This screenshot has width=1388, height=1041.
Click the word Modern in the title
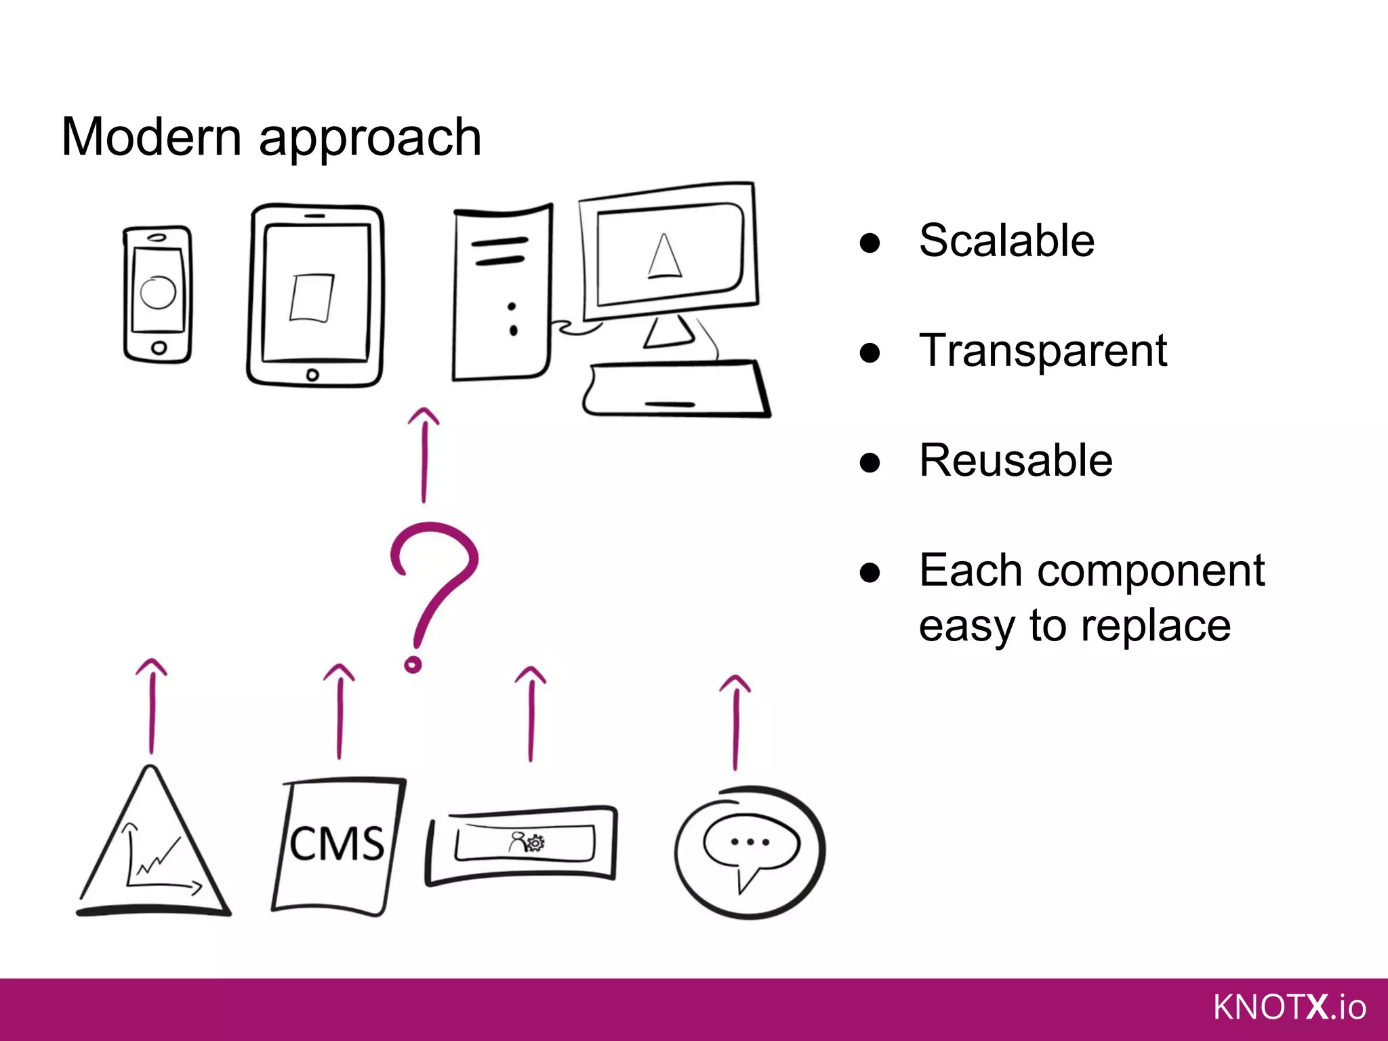point(150,137)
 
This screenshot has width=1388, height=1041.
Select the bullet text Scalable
point(1006,241)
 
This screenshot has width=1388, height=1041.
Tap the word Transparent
point(1042,351)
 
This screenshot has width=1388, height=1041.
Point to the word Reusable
point(1015,461)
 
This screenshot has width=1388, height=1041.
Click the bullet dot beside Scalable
point(870,243)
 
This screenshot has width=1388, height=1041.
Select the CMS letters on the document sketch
point(337,844)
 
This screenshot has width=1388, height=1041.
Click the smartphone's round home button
point(159,348)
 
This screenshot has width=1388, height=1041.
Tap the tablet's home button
point(312,375)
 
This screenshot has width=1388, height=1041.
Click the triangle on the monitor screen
point(664,258)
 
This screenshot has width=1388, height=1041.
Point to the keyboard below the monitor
point(674,390)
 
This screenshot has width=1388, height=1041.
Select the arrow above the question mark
point(424,454)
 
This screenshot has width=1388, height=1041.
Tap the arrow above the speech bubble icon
point(736,722)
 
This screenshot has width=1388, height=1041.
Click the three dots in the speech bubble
point(750,842)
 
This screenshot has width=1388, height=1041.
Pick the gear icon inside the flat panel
point(535,842)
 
